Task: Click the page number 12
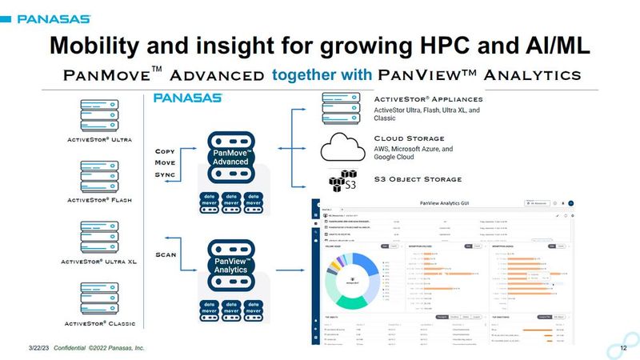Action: pos(603,350)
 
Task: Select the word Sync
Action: pos(165,174)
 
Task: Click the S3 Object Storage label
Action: pos(418,178)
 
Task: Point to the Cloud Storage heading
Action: pos(409,138)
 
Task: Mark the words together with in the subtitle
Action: pos(322,75)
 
